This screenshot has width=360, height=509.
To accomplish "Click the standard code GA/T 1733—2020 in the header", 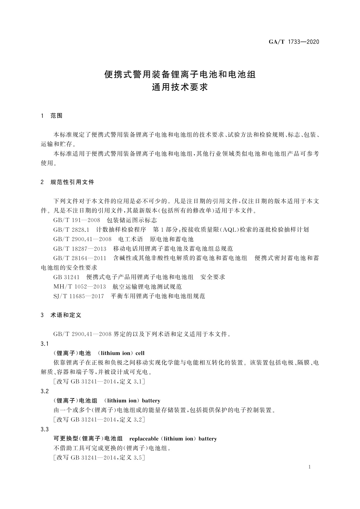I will tap(294, 42).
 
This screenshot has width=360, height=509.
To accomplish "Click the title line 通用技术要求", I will tap(180, 87).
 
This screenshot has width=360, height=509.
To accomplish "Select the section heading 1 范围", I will tap(52, 116).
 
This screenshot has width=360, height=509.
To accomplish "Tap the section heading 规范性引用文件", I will tap(72, 182).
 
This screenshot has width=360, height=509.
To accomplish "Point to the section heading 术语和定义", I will tap(66, 315).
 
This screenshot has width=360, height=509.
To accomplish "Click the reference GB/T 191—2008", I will tap(76, 220).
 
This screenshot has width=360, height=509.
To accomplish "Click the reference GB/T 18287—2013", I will tap(80, 249).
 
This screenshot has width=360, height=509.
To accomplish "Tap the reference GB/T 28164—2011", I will tap(80, 258).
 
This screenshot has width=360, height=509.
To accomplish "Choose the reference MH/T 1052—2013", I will tap(79, 287).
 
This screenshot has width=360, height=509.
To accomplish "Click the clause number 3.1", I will tap(44, 344).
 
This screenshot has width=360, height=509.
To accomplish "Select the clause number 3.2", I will tap(44, 391).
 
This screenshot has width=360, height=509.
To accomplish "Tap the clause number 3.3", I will tap(44, 429).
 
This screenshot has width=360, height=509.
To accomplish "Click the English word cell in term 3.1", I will tap(140, 353).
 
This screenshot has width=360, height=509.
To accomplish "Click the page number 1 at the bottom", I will tap(310, 467).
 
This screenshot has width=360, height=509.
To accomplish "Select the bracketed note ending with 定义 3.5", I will tap(99, 458).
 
